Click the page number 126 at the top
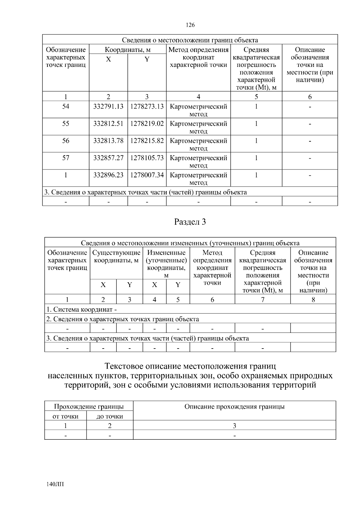[190, 25]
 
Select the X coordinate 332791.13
[108, 107]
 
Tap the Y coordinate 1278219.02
[147, 124]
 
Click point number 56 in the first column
[66, 141]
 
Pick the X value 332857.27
[108, 158]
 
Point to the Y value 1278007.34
[147, 175]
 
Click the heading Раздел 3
[190, 222]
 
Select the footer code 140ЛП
[55, 484]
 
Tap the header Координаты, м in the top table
[127, 50]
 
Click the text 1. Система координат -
[81, 310]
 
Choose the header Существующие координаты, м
[116, 256]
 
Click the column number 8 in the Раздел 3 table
[313, 300]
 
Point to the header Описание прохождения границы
[234, 407]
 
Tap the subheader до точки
[110, 417]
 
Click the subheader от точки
[65, 417]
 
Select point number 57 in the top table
[66, 158]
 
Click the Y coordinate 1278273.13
[147, 107]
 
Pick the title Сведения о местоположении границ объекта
[190, 40]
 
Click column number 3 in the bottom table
[234, 426]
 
